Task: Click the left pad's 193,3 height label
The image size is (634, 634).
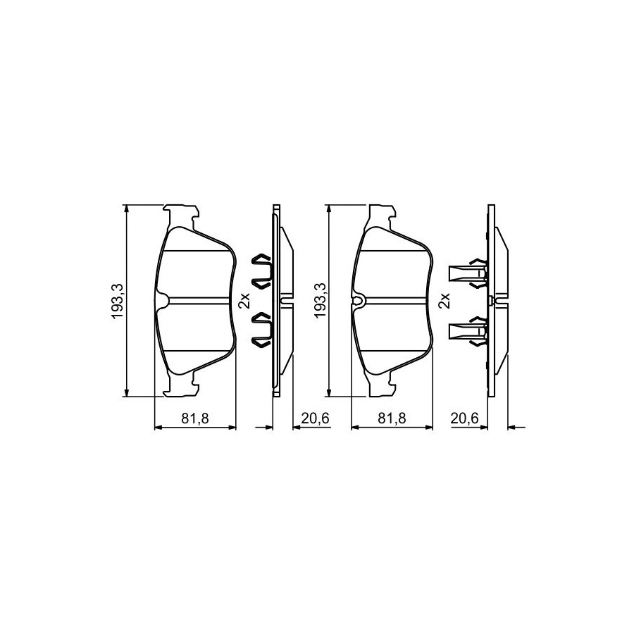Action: [117, 301]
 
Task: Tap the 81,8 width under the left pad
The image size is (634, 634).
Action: [195, 418]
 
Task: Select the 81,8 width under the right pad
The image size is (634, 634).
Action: [392, 418]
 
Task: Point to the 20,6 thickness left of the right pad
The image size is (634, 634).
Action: [316, 418]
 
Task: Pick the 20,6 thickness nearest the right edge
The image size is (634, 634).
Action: [465, 418]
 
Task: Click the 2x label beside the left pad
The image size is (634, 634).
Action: [244, 301]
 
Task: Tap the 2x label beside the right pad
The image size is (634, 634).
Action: [444, 301]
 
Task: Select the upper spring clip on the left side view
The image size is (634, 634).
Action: [263, 271]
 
